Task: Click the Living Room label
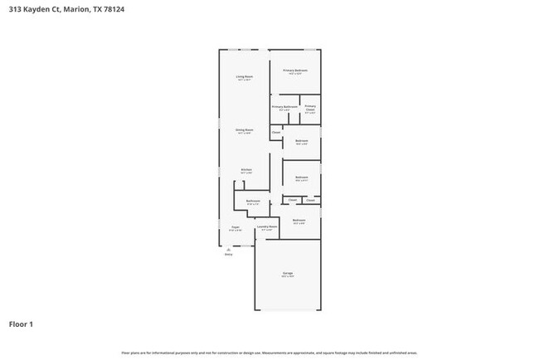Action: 244,76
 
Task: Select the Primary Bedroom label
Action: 295,71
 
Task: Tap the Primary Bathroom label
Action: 284,106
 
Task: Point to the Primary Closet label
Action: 310,108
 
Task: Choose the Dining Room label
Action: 244,129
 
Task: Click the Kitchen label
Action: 246,169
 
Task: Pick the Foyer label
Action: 236,226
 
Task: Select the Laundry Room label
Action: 267,226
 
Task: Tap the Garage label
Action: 287,275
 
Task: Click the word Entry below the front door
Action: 229,255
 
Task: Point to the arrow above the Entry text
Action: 229,248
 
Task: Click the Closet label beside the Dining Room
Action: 276,133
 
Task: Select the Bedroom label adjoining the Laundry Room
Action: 299,220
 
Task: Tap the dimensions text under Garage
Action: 287,279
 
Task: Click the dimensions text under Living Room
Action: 244,80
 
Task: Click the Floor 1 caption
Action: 22,324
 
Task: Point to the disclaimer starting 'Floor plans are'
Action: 269,353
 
